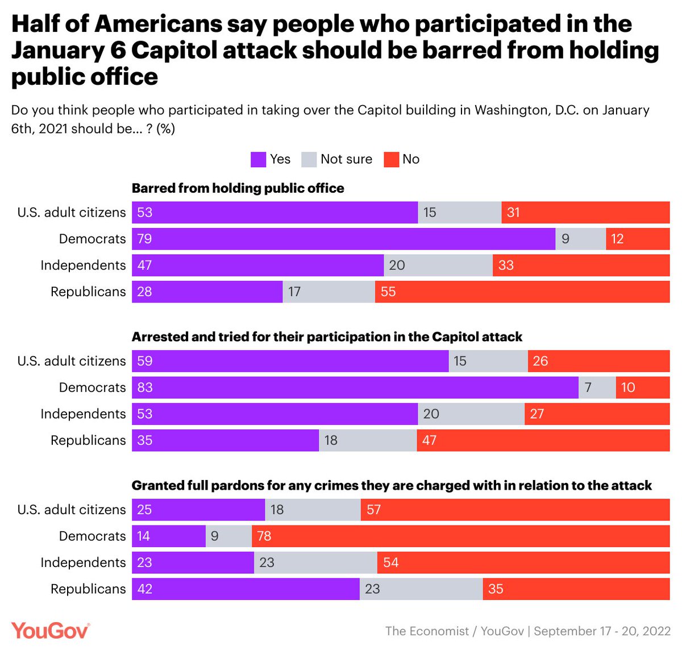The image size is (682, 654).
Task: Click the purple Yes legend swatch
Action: point(258,160)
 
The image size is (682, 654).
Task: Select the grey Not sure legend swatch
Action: point(309,160)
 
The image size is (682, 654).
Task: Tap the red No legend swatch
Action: point(391,160)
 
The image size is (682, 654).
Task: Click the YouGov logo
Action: point(51,630)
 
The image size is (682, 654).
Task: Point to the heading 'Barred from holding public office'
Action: point(238,188)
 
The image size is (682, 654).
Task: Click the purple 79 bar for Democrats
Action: point(343,239)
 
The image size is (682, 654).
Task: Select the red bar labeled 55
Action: point(522,292)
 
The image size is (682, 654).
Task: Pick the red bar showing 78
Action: point(460,536)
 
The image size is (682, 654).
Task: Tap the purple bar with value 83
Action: point(355,388)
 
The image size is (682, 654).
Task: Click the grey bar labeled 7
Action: point(597,388)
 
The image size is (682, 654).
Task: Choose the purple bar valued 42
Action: point(246,589)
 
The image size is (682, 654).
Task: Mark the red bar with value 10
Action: point(642,388)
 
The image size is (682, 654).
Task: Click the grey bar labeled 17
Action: point(328,292)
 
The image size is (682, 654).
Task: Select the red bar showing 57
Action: point(515,510)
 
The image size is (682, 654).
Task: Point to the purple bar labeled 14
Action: point(168,536)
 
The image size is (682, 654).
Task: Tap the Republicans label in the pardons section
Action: point(88,589)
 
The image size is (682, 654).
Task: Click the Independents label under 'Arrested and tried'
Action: point(83,414)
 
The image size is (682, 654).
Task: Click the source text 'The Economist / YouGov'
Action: point(454,631)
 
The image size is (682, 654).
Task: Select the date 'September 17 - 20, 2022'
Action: point(602,631)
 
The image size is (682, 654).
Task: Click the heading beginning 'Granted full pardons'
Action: point(391,486)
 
